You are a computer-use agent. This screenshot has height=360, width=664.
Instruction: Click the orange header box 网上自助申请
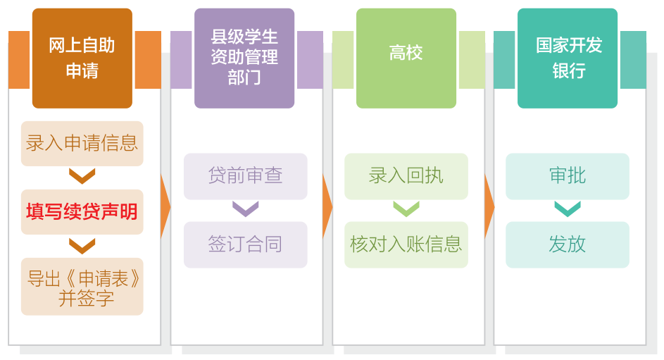tap(82, 58)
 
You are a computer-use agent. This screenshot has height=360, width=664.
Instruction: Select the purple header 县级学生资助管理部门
tap(244, 58)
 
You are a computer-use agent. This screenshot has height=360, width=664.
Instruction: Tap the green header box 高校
tap(406, 58)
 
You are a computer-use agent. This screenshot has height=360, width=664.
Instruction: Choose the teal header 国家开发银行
tap(568, 58)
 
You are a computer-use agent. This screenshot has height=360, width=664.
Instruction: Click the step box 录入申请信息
tap(82, 144)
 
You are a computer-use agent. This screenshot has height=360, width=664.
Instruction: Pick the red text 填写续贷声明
tap(82, 211)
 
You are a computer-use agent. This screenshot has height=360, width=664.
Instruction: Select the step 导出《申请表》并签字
tap(82, 287)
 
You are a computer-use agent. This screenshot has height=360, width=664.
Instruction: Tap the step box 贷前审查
tap(246, 176)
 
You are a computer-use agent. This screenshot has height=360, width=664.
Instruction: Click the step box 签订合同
tap(246, 244)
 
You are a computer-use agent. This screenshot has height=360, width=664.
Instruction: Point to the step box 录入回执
tap(406, 176)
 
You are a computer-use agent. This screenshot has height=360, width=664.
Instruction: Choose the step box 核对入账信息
tap(406, 244)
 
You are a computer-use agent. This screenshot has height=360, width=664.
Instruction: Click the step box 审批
tap(568, 176)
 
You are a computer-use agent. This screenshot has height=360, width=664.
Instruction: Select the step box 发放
tap(568, 244)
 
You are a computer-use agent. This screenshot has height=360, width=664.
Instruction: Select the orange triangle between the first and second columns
tap(165, 206)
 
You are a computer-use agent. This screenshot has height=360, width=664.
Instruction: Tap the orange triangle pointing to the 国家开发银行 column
tap(489, 206)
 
